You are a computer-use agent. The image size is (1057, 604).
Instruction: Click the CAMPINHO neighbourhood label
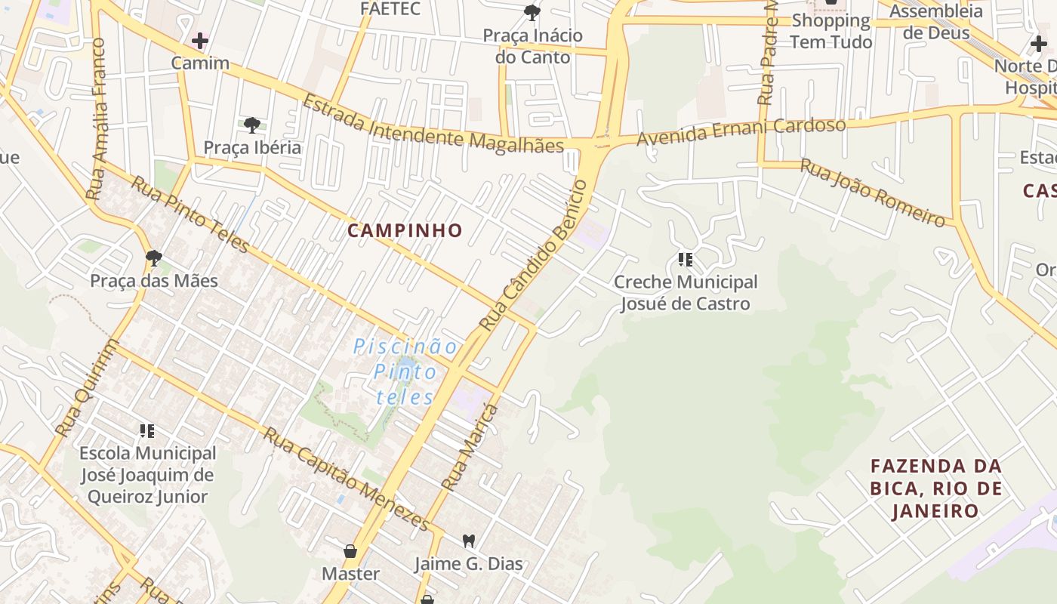point(405,230)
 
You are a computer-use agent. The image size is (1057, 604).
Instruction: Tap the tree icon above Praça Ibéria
point(252,125)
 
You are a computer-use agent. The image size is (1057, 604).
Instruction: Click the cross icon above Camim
point(200,40)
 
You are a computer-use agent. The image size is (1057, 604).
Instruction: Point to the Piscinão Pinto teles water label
point(405,371)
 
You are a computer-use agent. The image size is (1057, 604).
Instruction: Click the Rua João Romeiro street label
point(873,193)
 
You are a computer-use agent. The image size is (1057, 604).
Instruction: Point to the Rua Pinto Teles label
point(190,214)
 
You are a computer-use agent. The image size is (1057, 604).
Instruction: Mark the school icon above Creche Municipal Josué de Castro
point(686,260)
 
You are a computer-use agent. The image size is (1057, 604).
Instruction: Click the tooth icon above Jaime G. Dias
point(468,541)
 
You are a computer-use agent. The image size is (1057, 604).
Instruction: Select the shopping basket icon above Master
point(350,551)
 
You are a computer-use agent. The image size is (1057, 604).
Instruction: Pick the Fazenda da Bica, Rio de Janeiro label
point(936,488)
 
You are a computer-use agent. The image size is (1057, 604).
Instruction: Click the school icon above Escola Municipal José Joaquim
point(147,431)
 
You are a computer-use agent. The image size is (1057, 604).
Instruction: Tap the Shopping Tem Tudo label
point(831,31)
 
